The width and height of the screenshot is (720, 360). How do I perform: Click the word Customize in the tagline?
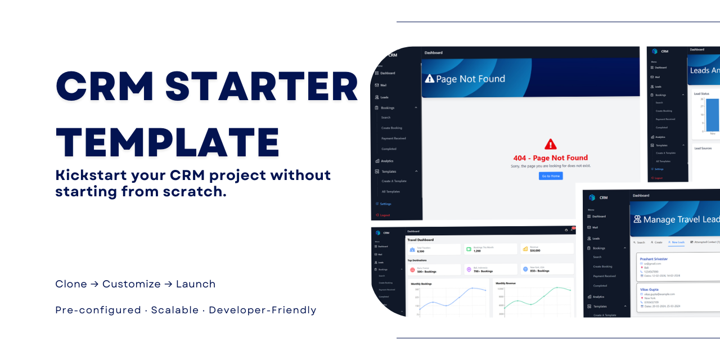coord(132,284)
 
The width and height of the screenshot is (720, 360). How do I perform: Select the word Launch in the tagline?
coord(196,284)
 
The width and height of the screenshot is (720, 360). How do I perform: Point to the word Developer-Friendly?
coord(263,310)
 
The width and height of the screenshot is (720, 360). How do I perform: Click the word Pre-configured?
coord(98,310)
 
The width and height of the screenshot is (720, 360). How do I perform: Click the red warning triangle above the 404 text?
coord(551,144)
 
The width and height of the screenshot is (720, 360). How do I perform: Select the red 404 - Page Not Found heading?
coord(551,158)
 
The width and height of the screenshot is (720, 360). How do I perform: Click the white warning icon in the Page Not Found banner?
coord(430,79)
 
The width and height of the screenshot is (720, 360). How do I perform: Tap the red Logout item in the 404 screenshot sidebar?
coord(385,215)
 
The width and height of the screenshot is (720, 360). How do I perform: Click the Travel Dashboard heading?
coord(420,240)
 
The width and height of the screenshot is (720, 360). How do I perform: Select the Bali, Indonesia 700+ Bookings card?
coord(489,269)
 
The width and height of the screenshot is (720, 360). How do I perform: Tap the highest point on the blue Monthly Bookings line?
coord(473,288)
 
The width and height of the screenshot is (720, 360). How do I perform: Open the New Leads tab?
coord(678,242)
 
